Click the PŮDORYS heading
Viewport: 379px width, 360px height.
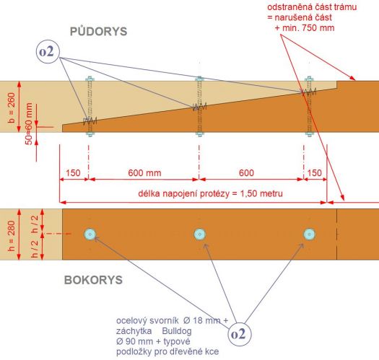click(98, 32)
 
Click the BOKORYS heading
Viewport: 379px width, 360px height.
click(93, 280)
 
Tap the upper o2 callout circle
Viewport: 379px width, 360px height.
click(48, 52)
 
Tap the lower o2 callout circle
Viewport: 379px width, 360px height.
click(240, 334)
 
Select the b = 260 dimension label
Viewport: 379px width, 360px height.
click(12, 107)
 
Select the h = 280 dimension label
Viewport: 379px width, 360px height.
click(12, 236)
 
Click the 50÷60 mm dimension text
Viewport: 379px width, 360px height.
click(29, 123)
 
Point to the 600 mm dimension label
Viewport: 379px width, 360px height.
click(144, 173)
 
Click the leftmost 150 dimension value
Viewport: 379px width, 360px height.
click(73, 173)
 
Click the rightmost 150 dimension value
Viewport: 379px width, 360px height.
click(315, 173)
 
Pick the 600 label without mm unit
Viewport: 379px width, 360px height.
click(246, 173)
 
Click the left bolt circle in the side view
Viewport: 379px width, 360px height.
click(90, 234)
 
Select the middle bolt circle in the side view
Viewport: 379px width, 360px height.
click(200, 234)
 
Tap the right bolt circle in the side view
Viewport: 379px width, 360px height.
click(310, 234)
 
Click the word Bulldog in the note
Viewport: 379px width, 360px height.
click(177, 330)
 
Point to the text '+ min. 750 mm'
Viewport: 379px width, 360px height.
click(305, 28)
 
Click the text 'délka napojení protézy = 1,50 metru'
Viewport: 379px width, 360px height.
click(210, 194)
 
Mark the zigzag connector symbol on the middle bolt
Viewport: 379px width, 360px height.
click(200, 107)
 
